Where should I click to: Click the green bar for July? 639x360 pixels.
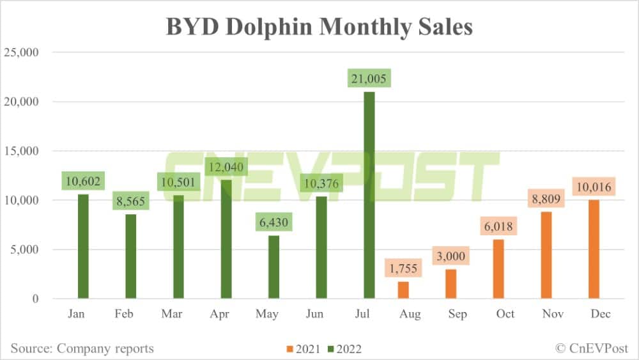pyautogui.click(x=369, y=195)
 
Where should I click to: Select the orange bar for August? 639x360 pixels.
pyautogui.click(x=403, y=290)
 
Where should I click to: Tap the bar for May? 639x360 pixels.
pyautogui.click(x=273, y=267)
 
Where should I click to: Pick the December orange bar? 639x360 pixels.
pyautogui.click(x=594, y=249)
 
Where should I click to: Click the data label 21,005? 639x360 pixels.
pyautogui.click(x=369, y=79)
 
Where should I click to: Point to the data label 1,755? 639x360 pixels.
pyautogui.click(x=403, y=268)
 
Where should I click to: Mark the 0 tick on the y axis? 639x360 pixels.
pyautogui.click(x=35, y=299)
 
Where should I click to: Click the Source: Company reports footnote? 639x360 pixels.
pyautogui.click(x=82, y=348)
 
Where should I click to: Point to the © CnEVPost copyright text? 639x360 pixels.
pyautogui.click(x=592, y=348)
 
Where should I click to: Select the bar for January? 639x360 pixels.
pyautogui.click(x=82, y=246)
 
